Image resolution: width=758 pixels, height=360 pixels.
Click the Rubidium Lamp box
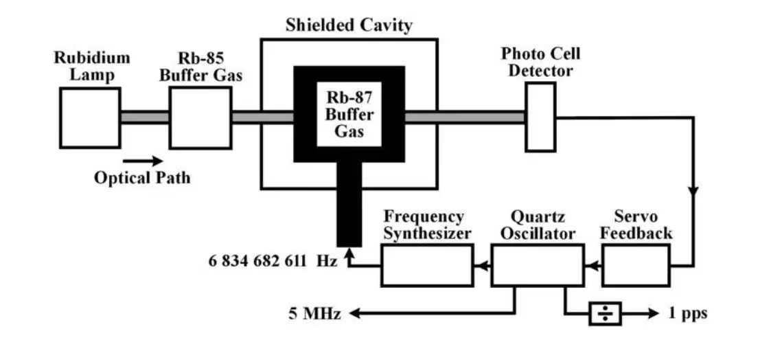tap(90, 117)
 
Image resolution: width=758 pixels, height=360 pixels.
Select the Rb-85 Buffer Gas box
tap(200, 117)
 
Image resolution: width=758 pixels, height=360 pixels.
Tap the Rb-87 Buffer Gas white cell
tap(349, 115)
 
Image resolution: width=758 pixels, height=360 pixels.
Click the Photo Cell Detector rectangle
tap(540, 117)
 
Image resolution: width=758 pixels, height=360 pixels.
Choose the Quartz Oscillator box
tap(538, 265)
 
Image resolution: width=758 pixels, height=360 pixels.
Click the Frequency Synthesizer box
tap(427, 265)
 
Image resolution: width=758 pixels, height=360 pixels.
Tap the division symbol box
tap(605, 314)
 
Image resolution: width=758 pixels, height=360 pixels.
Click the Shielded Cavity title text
tap(349, 25)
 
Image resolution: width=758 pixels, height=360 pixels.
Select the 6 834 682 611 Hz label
tap(273, 261)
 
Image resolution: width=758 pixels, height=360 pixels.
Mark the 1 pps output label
tap(687, 314)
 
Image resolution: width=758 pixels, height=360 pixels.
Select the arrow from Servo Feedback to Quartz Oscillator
tap(593, 265)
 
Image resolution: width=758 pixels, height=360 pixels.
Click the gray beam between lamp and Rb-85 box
tap(145, 117)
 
